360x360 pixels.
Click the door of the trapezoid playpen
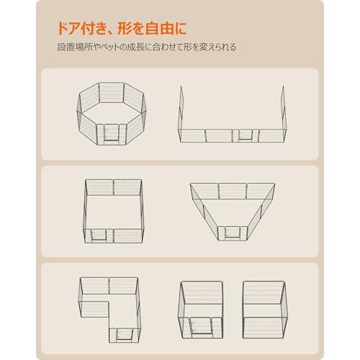pyautogui.click(x=232, y=231)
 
